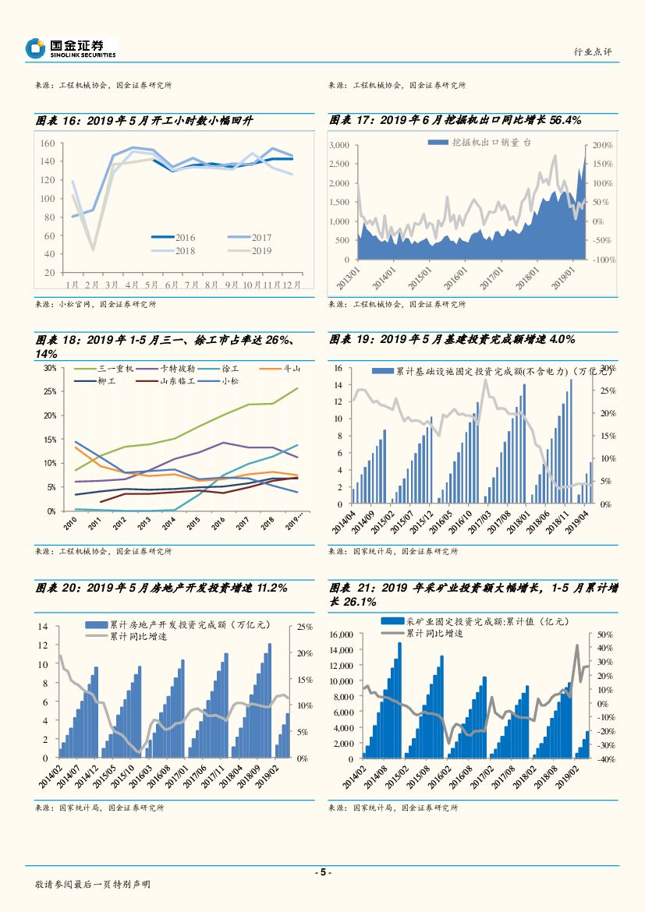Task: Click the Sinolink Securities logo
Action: click(70, 48)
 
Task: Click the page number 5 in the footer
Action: click(322, 872)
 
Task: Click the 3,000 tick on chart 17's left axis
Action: click(340, 146)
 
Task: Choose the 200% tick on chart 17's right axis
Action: click(604, 146)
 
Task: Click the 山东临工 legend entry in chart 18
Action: click(176, 381)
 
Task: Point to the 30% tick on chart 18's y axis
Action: click(50, 367)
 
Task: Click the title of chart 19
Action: click(452, 340)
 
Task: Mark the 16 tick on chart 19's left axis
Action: click(338, 368)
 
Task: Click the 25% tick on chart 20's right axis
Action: click(305, 627)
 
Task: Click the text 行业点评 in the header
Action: click(592, 51)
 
